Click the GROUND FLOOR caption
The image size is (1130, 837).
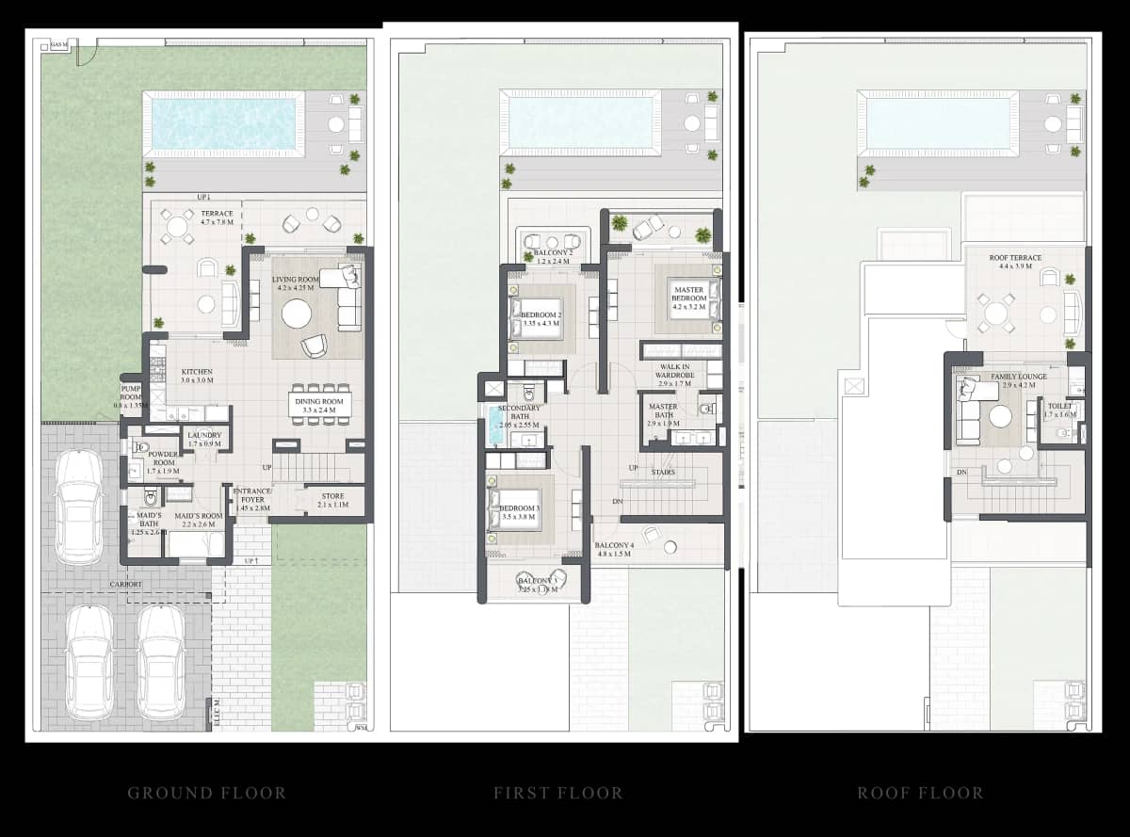(206, 793)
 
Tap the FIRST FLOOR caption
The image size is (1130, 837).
(557, 793)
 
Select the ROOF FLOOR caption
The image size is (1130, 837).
(919, 793)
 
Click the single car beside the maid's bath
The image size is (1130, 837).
(79, 507)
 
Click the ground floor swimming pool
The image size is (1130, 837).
(223, 123)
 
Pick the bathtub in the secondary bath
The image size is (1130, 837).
(495, 427)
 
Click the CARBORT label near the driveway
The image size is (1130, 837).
(124, 585)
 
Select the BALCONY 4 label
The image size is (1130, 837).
(614, 549)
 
